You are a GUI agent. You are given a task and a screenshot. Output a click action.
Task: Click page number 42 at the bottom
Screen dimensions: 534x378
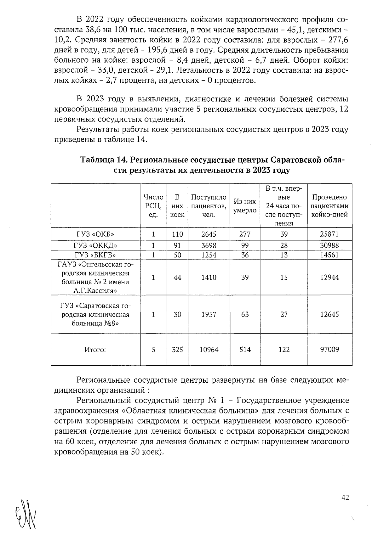click(x=345, y=497)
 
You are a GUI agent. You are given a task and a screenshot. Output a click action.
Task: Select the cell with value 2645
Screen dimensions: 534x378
click(x=209, y=234)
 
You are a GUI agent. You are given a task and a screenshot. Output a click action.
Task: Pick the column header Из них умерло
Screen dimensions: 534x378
click(x=245, y=206)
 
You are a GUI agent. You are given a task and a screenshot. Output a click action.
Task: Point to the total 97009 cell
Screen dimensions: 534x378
click(x=329, y=349)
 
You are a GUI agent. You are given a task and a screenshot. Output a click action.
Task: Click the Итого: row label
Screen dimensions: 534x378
click(x=95, y=350)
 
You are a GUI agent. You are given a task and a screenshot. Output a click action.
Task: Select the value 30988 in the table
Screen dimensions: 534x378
click(x=329, y=245)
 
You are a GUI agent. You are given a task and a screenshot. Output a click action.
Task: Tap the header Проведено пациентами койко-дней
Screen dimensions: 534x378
click(x=329, y=206)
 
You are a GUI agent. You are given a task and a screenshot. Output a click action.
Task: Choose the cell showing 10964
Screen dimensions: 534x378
click(x=209, y=349)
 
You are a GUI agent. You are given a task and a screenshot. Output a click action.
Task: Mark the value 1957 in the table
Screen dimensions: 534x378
click(x=209, y=314)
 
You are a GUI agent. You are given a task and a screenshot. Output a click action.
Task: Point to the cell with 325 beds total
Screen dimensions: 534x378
click(x=177, y=349)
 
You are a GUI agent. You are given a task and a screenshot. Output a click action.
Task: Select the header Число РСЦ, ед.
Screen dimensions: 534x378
click(x=153, y=206)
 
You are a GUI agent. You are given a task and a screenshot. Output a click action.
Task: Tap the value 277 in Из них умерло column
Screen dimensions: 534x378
click(x=245, y=234)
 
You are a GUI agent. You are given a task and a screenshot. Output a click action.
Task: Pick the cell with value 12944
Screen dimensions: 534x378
click(x=329, y=277)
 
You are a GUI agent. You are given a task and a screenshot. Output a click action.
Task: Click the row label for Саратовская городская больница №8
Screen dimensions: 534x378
click(x=95, y=314)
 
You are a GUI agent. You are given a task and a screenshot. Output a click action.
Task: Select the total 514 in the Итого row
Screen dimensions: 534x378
click(x=245, y=349)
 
